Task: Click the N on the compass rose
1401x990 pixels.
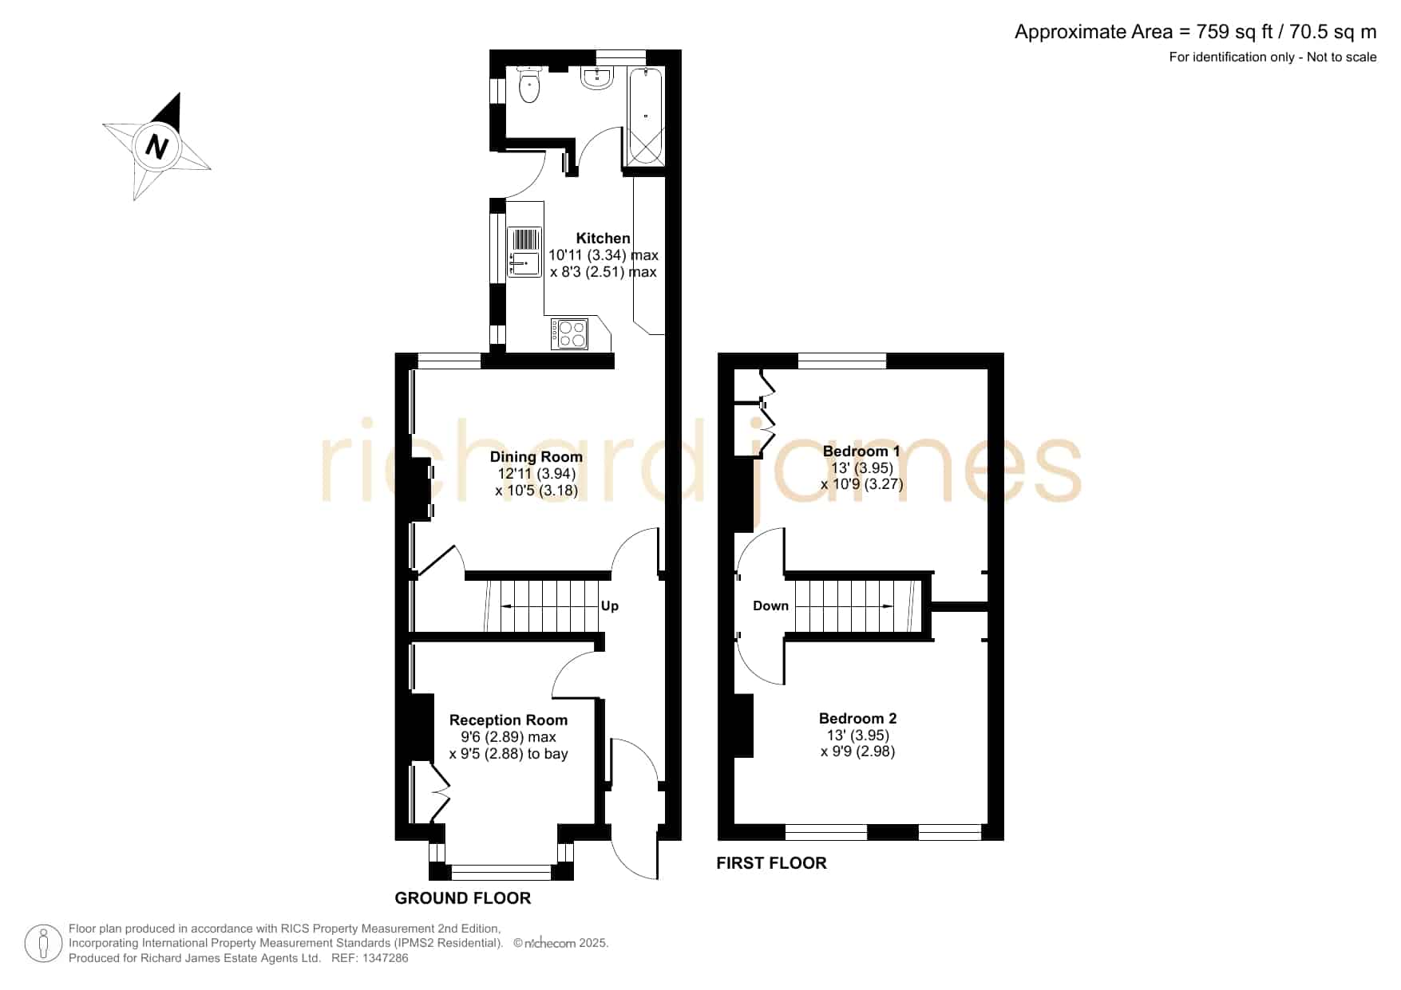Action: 156,147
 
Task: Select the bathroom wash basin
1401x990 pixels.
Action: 597,77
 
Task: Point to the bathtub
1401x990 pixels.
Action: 645,116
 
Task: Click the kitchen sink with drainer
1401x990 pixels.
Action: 524,252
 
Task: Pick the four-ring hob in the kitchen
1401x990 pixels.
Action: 569,333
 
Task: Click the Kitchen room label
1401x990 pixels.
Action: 603,238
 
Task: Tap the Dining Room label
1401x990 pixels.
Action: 536,457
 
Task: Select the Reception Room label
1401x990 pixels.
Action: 509,720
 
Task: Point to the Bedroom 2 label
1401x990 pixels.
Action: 858,718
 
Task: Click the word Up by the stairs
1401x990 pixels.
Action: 610,606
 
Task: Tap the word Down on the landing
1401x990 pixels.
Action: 770,606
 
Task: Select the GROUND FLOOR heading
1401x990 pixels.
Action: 463,898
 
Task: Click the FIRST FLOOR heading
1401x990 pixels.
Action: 771,863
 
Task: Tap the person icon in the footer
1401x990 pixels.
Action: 43,944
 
